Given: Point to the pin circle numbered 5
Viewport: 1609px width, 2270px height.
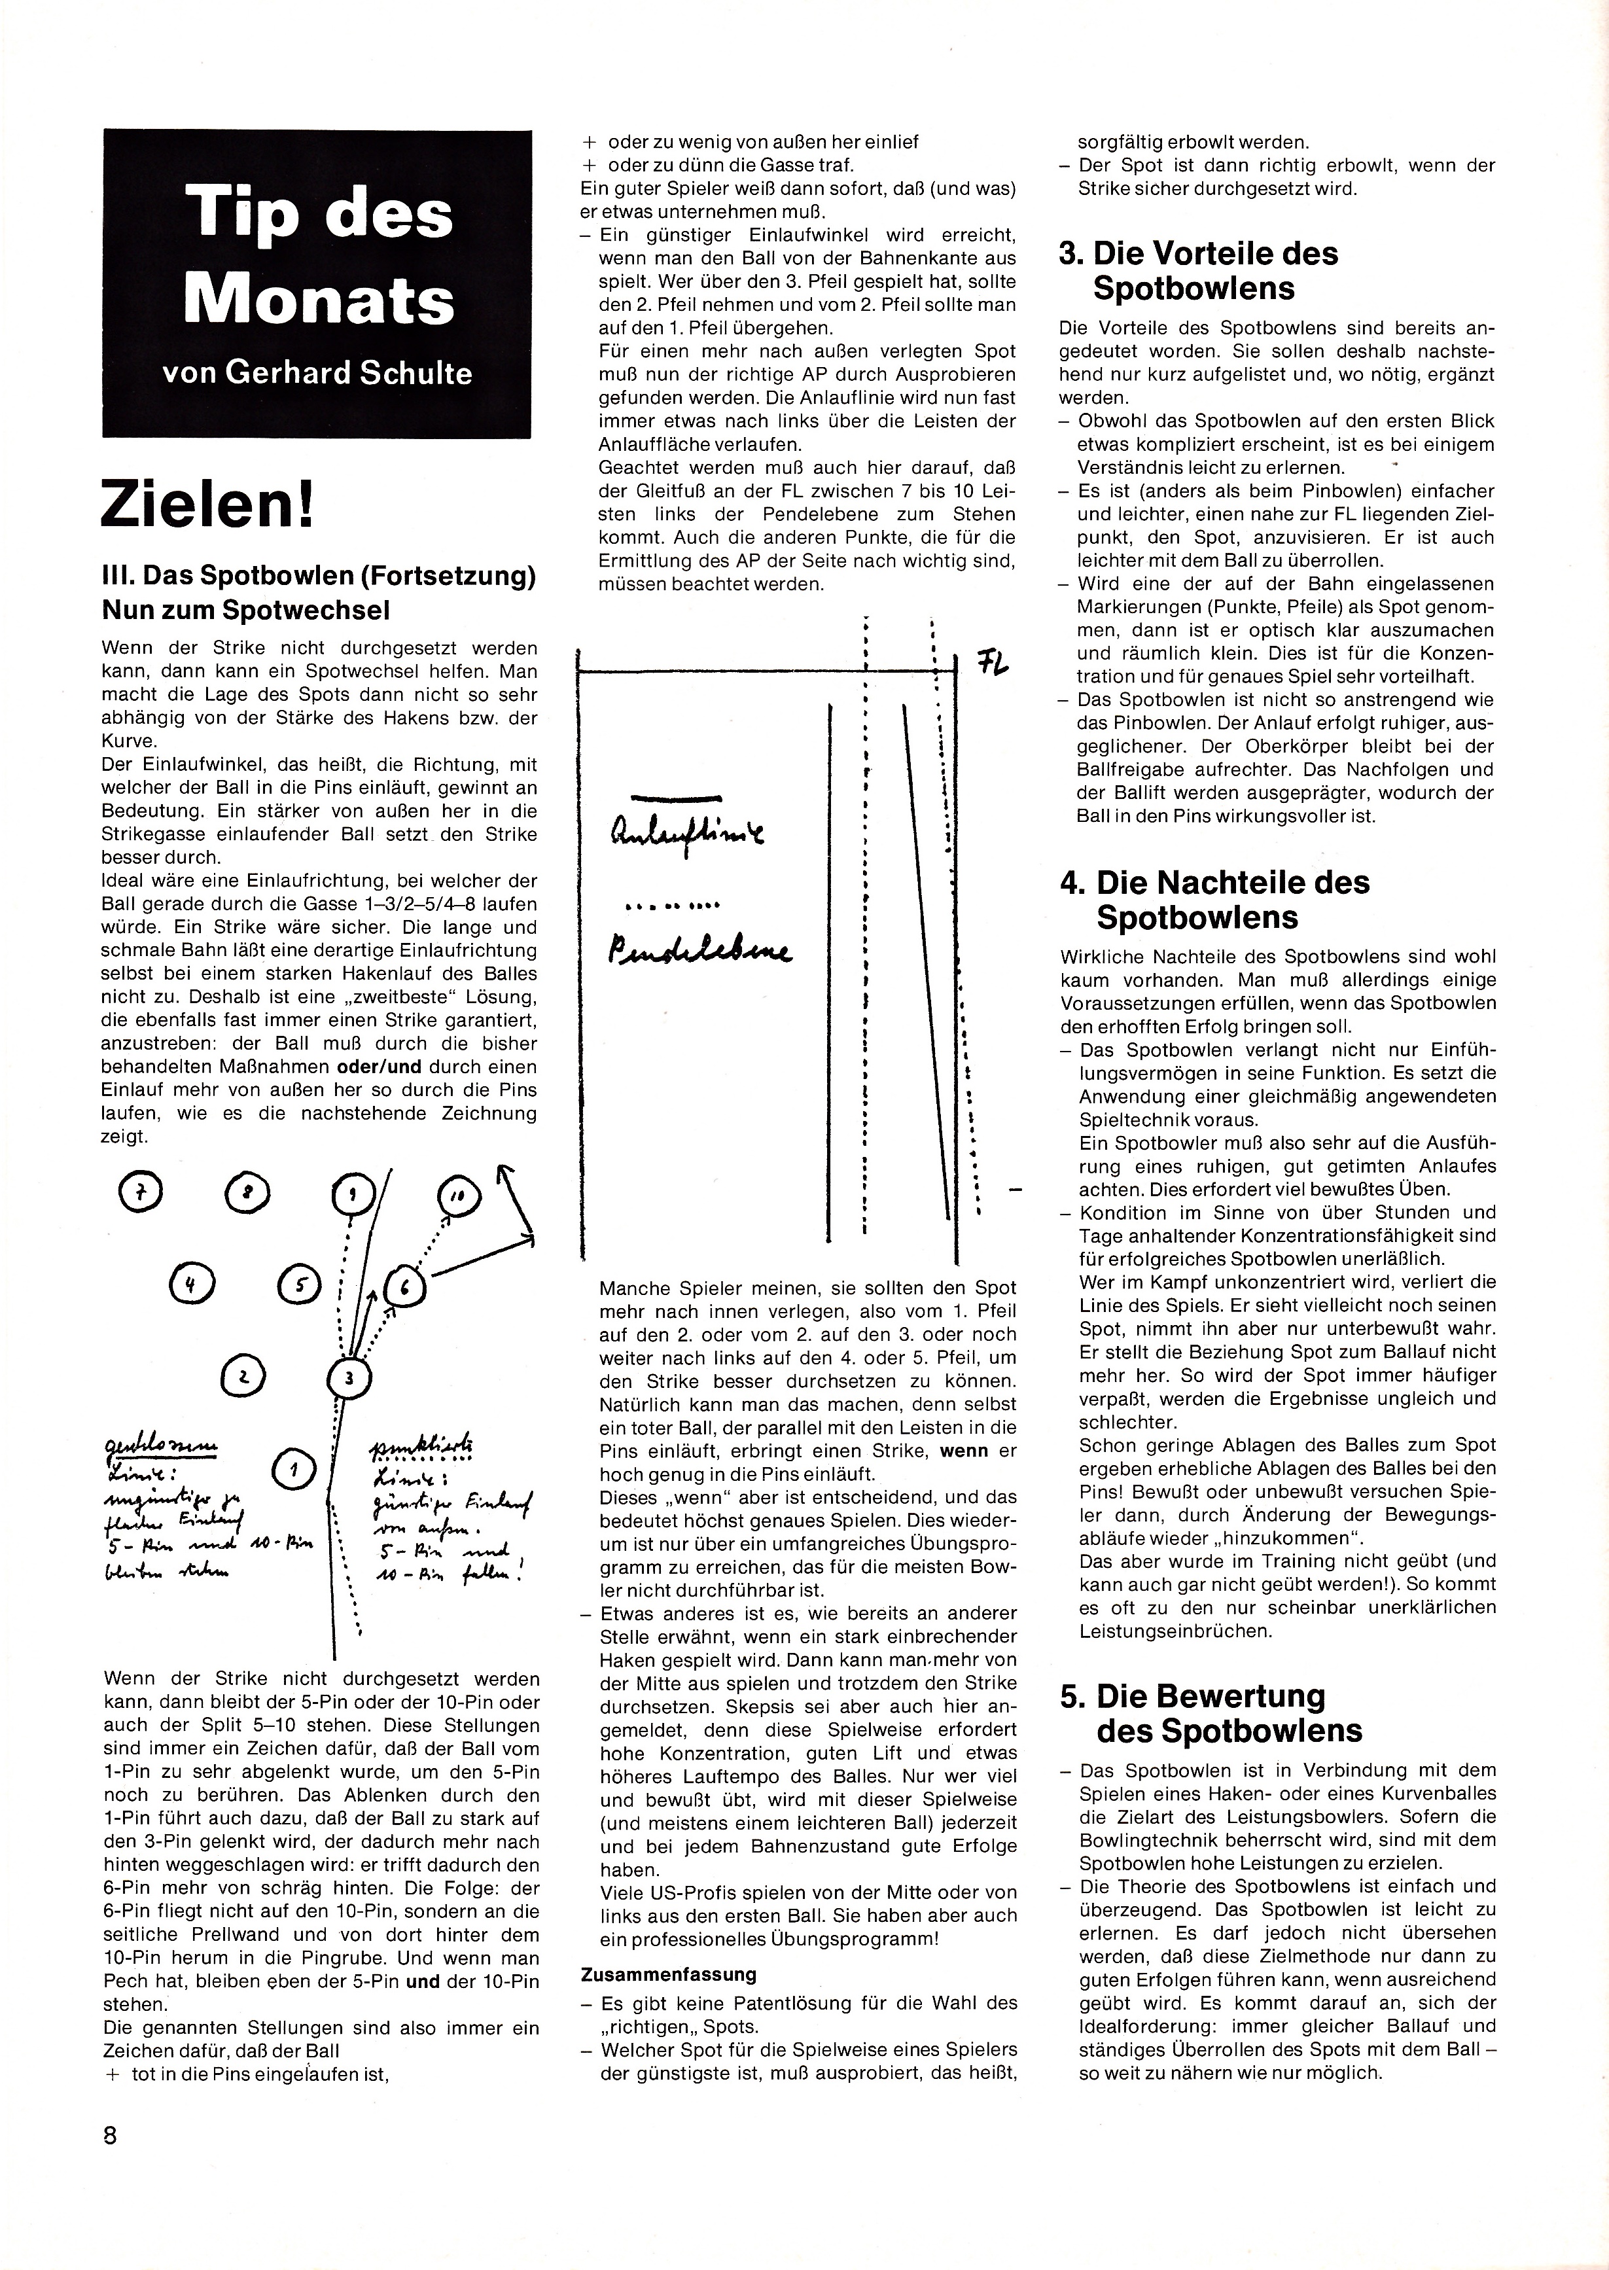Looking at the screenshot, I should point(299,1285).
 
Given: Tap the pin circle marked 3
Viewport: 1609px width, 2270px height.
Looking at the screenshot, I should point(347,1377).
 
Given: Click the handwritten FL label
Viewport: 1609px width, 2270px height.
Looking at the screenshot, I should point(992,663).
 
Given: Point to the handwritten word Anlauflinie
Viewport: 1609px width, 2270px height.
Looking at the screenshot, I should point(674,842).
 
